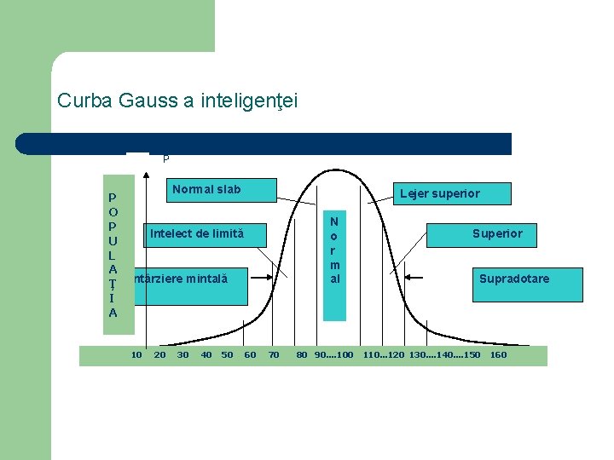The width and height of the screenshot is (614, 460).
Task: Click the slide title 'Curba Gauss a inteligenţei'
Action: coord(177,101)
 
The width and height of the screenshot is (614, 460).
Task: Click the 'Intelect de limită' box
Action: coord(196,233)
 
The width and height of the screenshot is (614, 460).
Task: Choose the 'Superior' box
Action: coord(497,233)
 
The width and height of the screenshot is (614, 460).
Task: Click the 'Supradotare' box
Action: coord(513,279)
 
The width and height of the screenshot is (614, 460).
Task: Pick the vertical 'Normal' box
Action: coord(335,249)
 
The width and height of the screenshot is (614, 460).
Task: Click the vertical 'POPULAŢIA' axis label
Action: coord(113,255)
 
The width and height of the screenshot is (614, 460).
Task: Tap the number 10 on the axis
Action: coord(136,354)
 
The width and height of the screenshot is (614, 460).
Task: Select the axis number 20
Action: coord(159,354)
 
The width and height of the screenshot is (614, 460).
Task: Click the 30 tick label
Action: coord(182,354)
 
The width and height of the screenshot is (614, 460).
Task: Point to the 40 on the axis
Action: coord(206,354)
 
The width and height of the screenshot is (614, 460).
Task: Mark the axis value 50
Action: coord(227,354)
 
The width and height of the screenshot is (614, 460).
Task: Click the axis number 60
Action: coord(250,354)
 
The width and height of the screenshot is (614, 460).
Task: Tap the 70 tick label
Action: coord(274,354)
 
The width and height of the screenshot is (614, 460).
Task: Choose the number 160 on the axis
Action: coord(498,354)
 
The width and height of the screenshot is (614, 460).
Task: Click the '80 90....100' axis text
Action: coord(324,354)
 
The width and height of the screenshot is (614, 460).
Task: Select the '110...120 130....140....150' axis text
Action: coord(421,354)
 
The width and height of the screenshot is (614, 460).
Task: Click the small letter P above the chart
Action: coord(165,158)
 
